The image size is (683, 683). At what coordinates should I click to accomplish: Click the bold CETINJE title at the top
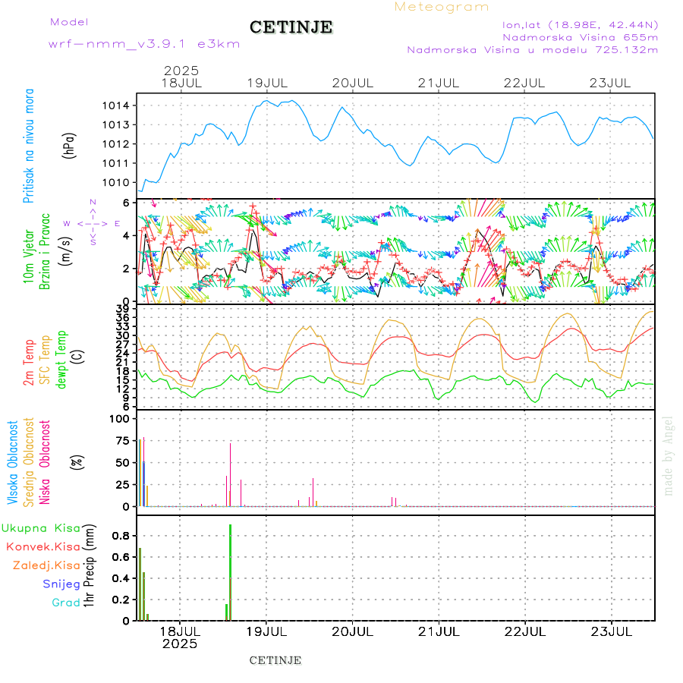(291, 27)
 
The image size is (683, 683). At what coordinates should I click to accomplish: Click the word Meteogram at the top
(442, 7)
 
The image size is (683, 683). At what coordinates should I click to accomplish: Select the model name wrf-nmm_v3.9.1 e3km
(144, 44)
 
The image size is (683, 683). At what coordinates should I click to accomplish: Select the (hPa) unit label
(69, 144)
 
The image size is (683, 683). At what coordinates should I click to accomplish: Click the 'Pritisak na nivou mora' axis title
(30, 145)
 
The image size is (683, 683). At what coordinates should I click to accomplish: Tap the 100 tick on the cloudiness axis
(122, 419)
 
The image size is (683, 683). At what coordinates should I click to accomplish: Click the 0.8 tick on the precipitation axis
(122, 535)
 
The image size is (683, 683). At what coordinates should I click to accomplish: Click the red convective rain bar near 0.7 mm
(140, 584)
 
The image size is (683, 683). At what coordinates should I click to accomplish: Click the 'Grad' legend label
(65, 603)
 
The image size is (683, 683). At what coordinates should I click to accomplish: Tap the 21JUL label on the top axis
(439, 83)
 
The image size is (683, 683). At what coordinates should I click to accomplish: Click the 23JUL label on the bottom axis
(612, 631)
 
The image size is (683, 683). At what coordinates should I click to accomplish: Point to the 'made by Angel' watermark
(669, 455)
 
